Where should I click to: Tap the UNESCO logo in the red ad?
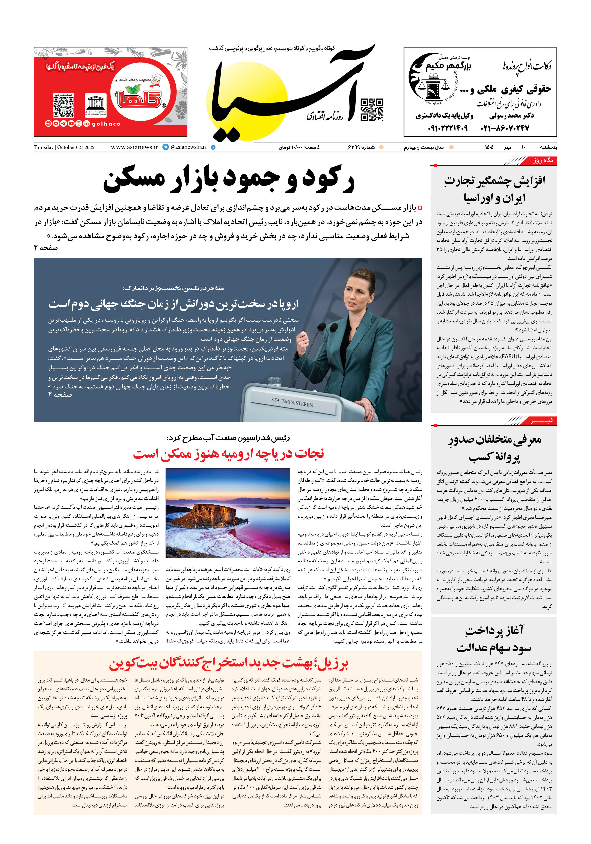95,105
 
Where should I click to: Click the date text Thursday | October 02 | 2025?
64,147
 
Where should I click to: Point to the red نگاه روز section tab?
543,160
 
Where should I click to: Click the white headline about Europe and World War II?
173,304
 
